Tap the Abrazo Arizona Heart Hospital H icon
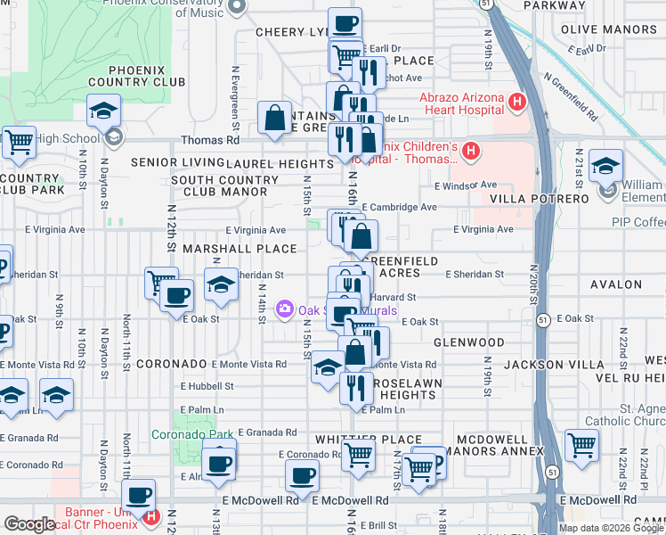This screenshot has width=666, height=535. click(517, 103)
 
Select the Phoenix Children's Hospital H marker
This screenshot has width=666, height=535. click(471, 153)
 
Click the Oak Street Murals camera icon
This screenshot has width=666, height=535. click(285, 309)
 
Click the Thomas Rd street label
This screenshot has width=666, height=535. click(210, 140)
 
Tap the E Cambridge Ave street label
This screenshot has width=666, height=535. click(399, 207)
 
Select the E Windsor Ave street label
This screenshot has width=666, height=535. click(466, 185)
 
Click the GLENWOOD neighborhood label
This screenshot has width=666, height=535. click(469, 342)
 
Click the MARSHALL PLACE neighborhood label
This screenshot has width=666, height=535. click(239, 248)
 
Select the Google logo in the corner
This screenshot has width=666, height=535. click(29, 524)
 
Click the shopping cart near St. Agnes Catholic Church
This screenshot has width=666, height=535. click(581, 446)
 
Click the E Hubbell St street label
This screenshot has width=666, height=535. click(207, 386)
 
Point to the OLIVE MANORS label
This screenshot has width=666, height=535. click(609, 29)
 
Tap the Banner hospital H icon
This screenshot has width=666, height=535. click(150, 516)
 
